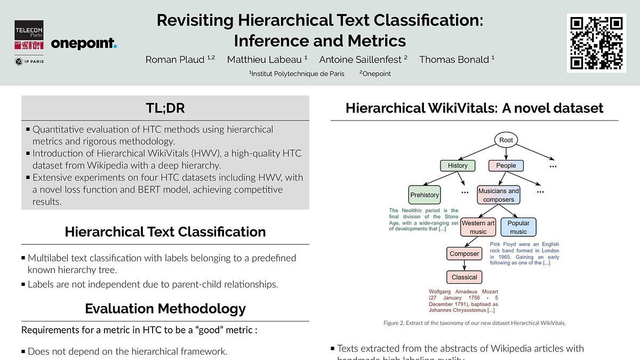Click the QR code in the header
click(596, 43)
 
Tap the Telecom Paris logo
click(29, 35)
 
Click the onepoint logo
click(84, 43)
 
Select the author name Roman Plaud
click(175, 60)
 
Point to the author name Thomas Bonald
click(454, 60)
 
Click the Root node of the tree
click(506, 140)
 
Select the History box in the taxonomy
click(458, 166)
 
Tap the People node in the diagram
click(506, 166)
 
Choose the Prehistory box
click(425, 195)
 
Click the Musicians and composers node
click(499, 195)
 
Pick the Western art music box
click(478, 227)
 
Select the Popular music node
click(518, 227)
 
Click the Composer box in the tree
click(465, 254)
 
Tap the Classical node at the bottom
click(465, 277)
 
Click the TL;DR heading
click(165, 108)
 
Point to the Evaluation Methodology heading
click(165, 309)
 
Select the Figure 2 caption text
click(474, 323)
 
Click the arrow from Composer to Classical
click(465, 266)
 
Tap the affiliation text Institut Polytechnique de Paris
click(298, 74)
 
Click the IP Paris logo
click(29, 61)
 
